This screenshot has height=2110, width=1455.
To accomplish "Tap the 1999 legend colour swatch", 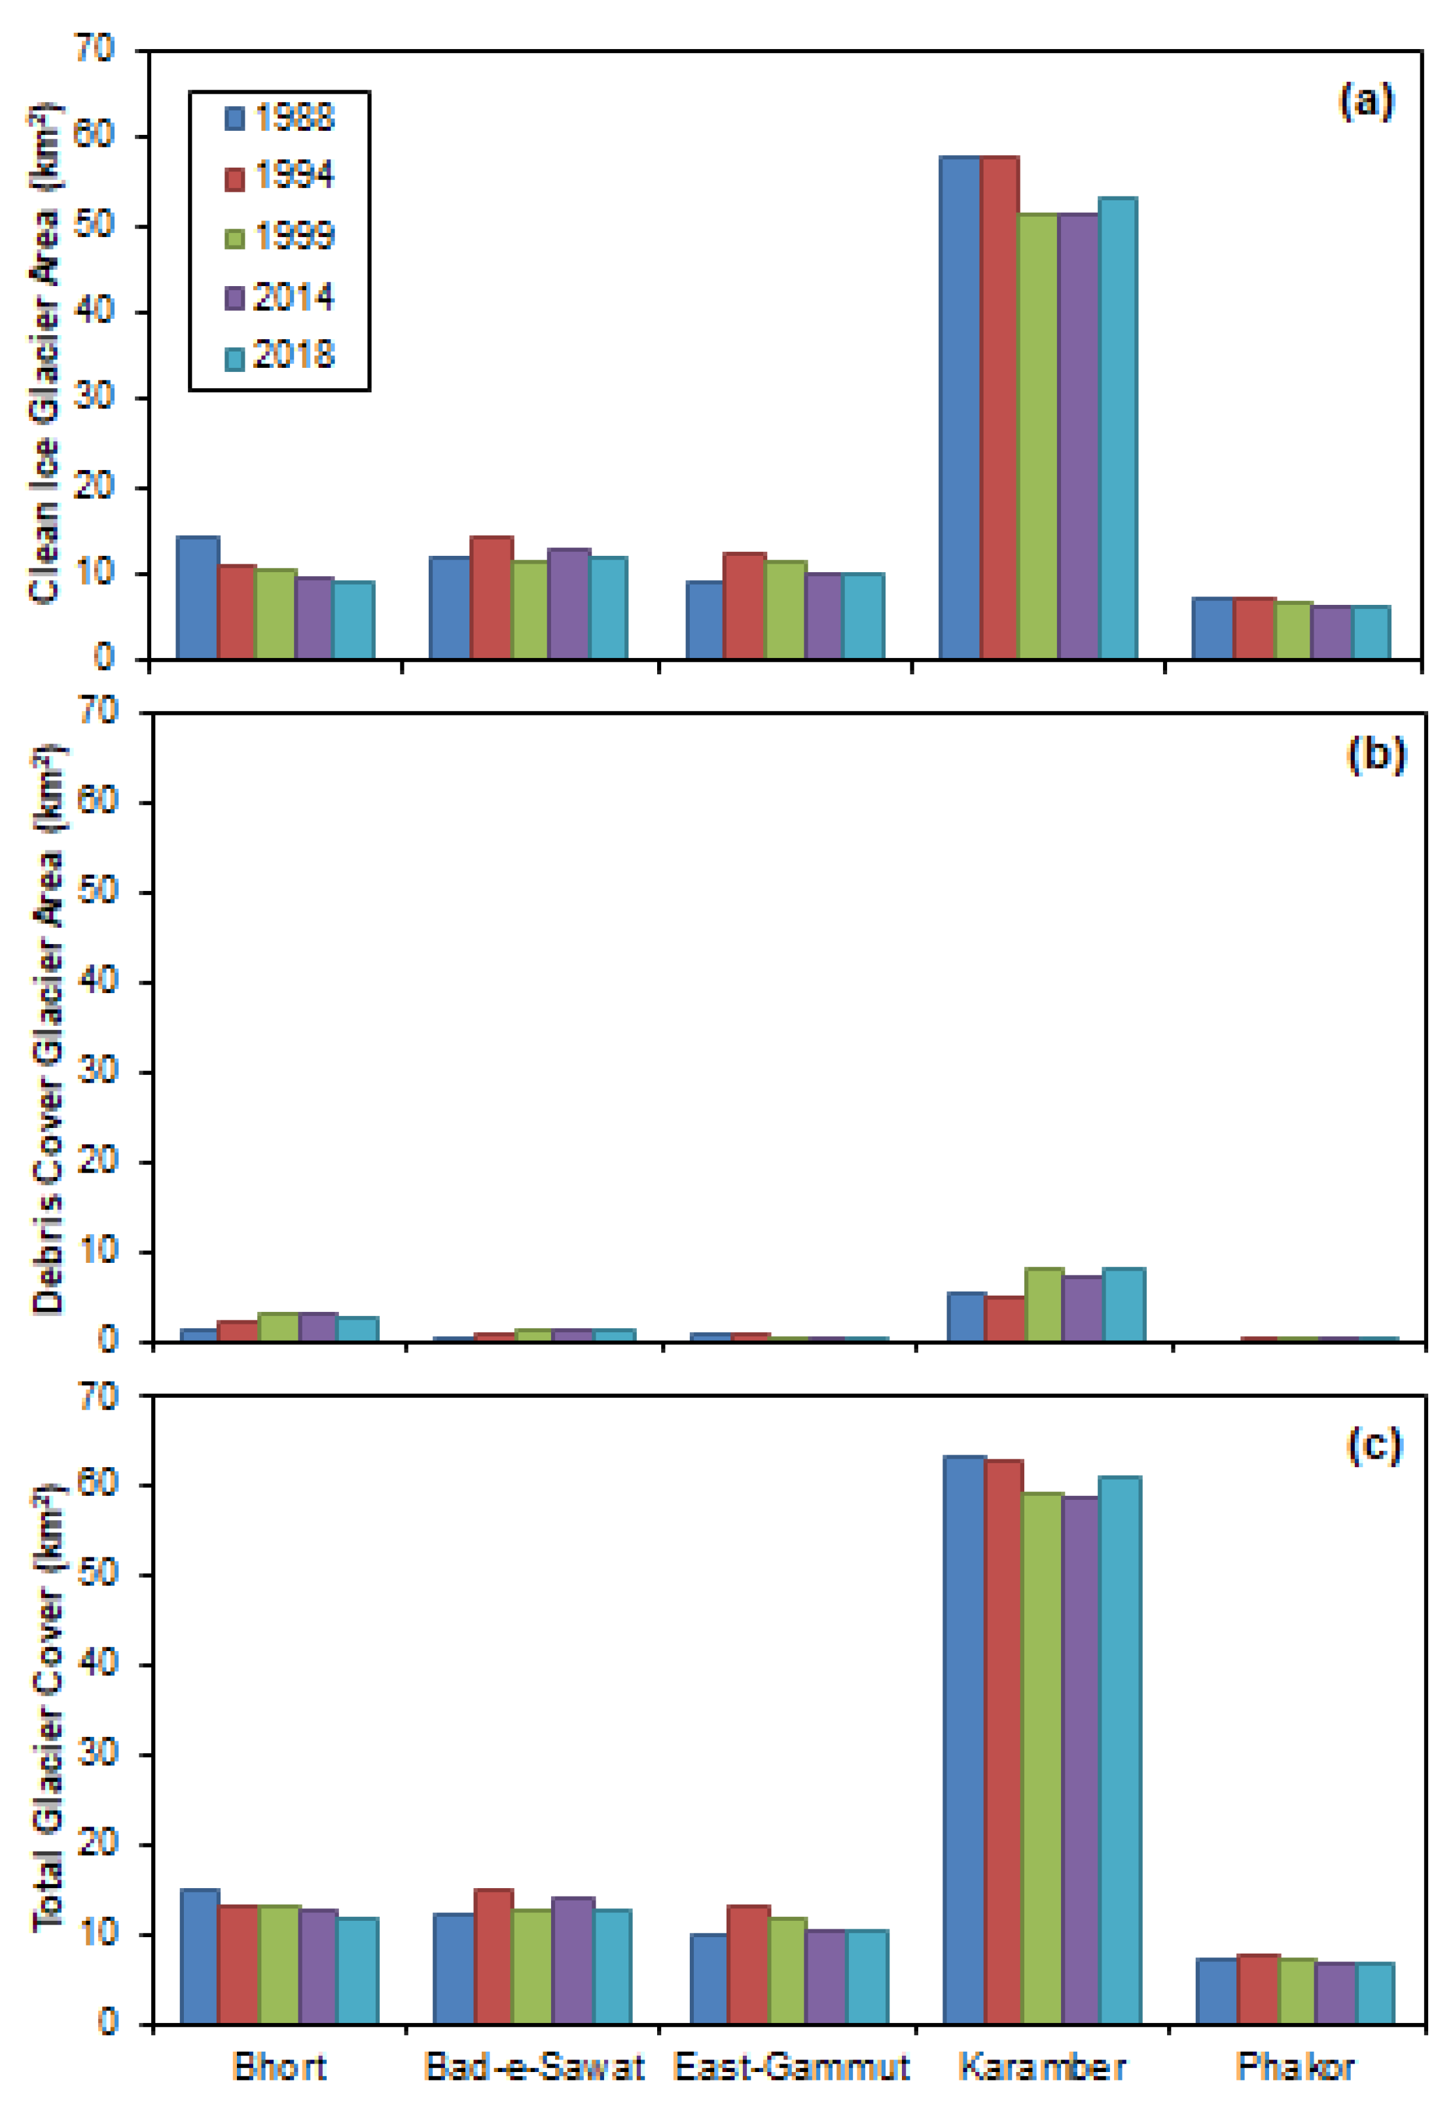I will click(x=234, y=239).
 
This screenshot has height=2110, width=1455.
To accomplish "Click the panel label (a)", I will click(x=1365, y=101).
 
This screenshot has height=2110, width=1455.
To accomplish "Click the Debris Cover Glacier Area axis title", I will click(x=47, y=1030).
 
